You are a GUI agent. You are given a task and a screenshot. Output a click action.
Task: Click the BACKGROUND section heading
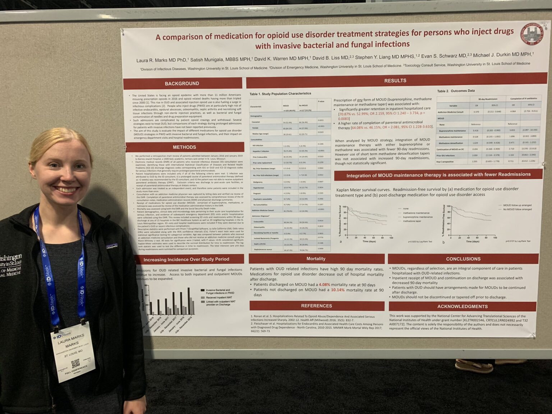182,83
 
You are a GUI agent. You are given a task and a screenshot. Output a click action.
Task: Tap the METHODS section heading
184,147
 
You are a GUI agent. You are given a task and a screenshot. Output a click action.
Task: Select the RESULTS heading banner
395,81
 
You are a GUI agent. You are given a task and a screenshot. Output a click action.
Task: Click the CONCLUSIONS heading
463,259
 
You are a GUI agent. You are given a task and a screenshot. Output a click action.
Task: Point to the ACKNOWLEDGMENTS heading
462,307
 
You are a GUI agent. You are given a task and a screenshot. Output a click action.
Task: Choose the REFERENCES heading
316,306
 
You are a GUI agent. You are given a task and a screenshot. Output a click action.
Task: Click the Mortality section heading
316,259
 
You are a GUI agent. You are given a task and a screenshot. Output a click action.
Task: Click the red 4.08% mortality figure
324,285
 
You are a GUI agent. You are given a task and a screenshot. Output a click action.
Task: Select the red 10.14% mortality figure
337,290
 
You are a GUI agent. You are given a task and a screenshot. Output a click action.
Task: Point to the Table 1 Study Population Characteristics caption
280,94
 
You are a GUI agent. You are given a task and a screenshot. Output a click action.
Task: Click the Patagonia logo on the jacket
112,247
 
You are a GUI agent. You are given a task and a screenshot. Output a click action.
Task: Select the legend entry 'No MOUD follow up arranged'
517,209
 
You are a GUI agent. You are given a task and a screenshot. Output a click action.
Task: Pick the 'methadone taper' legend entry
412,221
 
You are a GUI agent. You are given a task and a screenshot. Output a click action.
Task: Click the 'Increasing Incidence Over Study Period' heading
186,259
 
